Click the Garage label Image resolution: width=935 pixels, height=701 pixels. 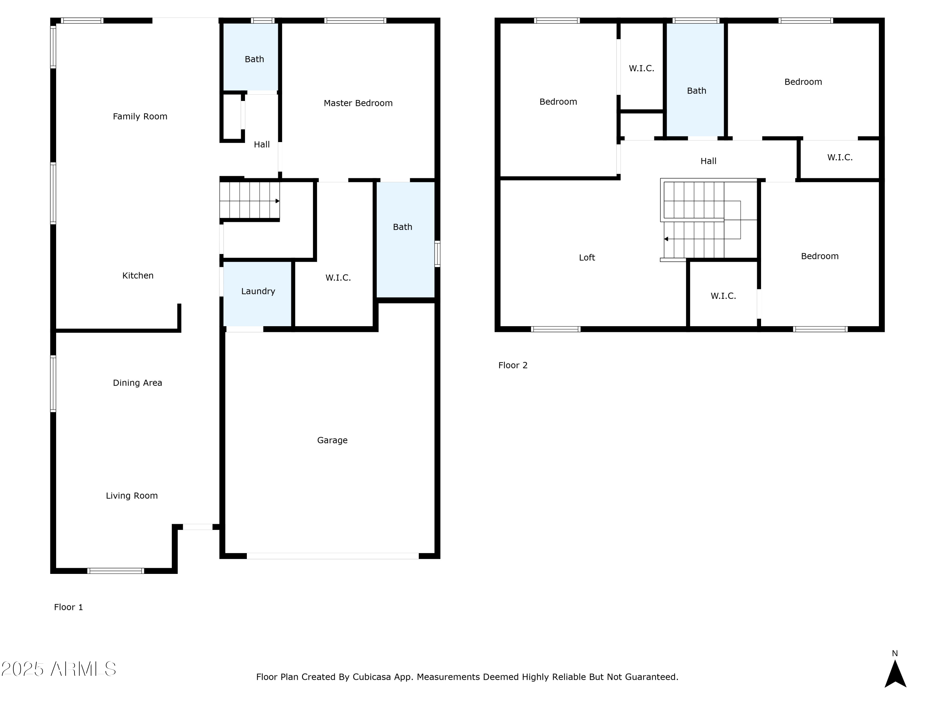(x=332, y=440)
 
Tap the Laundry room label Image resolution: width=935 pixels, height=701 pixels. (x=258, y=291)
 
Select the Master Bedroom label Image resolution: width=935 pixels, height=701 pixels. (x=358, y=103)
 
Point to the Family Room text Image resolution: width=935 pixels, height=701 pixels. (x=140, y=117)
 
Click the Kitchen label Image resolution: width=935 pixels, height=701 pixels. (x=138, y=275)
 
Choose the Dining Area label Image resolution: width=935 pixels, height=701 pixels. (x=137, y=383)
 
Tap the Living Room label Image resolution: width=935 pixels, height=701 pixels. (x=132, y=496)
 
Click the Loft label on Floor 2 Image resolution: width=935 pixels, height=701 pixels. (x=587, y=257)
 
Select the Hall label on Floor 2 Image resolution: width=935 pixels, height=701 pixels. (x=708, y=161)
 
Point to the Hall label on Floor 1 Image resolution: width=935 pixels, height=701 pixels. (x=262, y=145)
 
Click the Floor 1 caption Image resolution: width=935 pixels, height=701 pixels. (x=69, y=607)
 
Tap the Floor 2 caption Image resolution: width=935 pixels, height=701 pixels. (x=513, y=365)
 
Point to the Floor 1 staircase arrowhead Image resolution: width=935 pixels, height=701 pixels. (x=277, y=201)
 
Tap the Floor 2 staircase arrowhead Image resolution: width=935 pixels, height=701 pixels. (x=666, y=239)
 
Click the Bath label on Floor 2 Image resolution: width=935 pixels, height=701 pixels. (x=696, y=91)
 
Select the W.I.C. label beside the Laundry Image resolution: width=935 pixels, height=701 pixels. (x=338, y=278)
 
